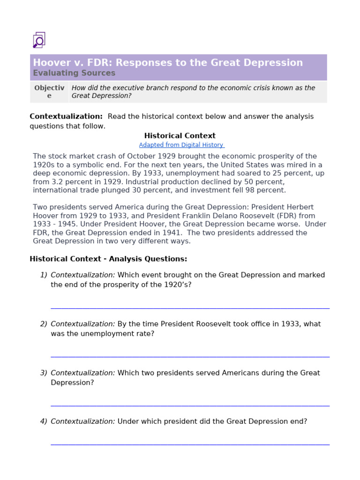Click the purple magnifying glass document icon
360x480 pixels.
tap(39, 40)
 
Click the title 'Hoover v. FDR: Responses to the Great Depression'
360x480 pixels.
tap(168, 63)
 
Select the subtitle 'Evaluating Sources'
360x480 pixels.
tap(74, 73)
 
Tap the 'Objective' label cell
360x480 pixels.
tap(49, 92)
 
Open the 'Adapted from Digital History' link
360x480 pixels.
tap(181, 145)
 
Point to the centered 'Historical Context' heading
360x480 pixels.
tap(180, 136)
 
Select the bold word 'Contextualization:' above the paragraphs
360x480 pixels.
tap(66, 116)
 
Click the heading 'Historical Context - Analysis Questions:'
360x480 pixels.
tap(108, 259)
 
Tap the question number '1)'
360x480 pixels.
tap(44, 275)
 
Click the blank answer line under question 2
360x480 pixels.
tap(190, 357)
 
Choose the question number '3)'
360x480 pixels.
tap(44, 373)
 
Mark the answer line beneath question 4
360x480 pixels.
tap(190, 444)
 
